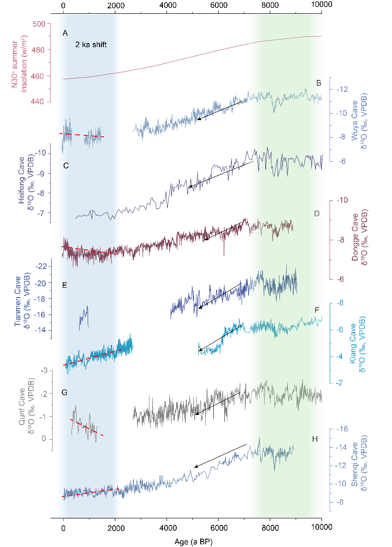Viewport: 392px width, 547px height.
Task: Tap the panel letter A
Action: (65, 33)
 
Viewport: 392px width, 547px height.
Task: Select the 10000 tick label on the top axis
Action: (321, 5)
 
